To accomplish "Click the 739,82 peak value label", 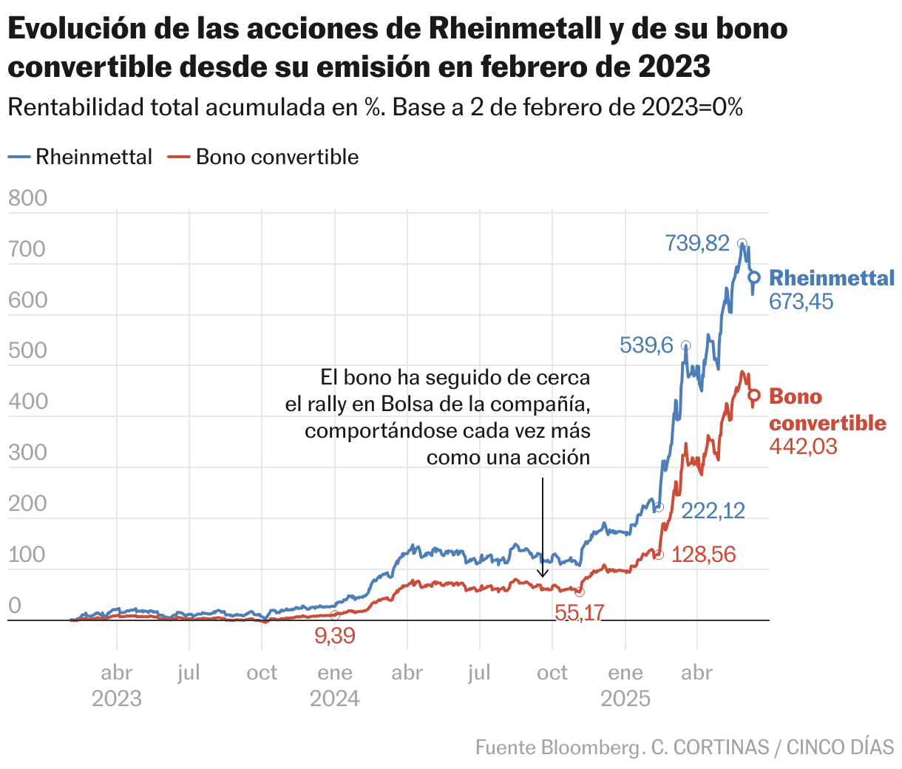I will pos(697,243).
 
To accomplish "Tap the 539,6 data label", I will pos(646,345).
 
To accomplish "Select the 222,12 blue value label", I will pos(713,510).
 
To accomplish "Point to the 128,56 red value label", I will pos(704,555).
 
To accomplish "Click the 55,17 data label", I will pos(579,612).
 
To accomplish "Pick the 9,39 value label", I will pos(335,635).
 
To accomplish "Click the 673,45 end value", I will pos(801,302).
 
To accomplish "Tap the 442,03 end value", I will pos(803,446).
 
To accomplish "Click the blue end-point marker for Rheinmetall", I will pos(754,277).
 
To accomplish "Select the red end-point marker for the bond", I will pos(754,396).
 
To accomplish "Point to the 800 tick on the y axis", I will pos(27,198).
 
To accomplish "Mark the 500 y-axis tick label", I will pos(27,350).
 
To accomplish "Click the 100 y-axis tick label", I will pos(27,555).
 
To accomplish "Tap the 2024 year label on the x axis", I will pos(335,699).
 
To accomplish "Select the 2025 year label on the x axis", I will pos(625,699).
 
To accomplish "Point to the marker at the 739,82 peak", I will pos(742,243).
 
